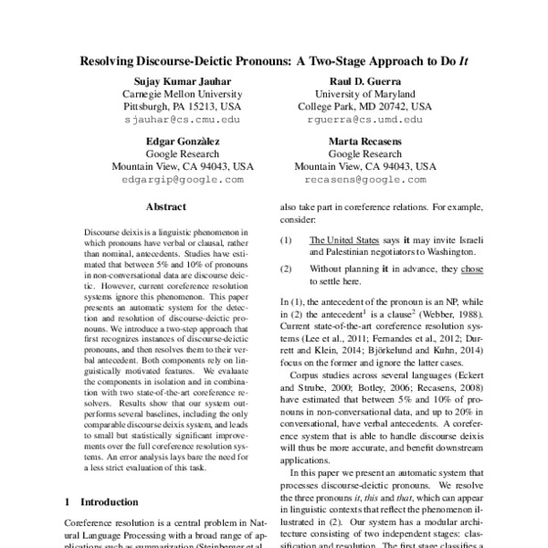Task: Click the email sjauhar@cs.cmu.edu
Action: pos(183,119)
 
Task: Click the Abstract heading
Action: pos(165,207)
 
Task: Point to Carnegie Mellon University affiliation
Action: pos(183,95)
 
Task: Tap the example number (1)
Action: pos(287,239)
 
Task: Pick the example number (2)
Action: pos(287,269)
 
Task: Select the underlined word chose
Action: pos(471,269)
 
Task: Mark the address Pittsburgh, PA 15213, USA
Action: pos(183,107)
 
